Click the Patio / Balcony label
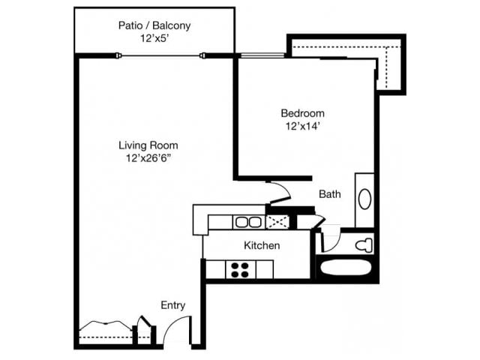pos(154,25)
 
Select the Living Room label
pos(148,145)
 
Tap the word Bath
pos(330,194)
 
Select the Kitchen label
pos(262,245)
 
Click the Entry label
pos(172,305)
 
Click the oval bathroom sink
pos(364,199)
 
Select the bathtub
pos(346,269)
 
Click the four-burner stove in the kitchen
pos(240,269)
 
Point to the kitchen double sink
pos(247,222)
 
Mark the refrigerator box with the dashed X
pos(277,222)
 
